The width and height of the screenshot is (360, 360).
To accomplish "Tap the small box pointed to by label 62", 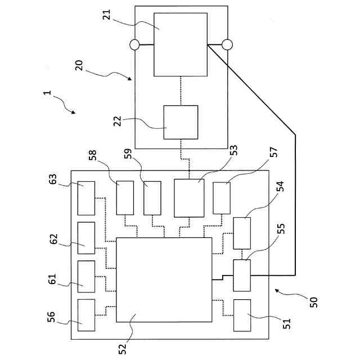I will pos(86,238).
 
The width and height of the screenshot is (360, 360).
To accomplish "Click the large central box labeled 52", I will pos(164,280).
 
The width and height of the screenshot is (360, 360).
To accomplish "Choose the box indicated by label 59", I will pos(152,199).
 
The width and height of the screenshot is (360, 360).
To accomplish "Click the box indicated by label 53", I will pos(188,198).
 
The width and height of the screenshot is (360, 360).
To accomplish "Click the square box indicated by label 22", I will pos(181,122).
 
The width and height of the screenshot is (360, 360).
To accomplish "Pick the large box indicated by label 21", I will pos(181,44).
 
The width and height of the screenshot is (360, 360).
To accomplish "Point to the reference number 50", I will pos(313,303).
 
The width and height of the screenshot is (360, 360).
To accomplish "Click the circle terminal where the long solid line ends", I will pos(227,44).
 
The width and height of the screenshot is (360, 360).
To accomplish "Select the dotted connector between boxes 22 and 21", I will pos(181,91).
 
